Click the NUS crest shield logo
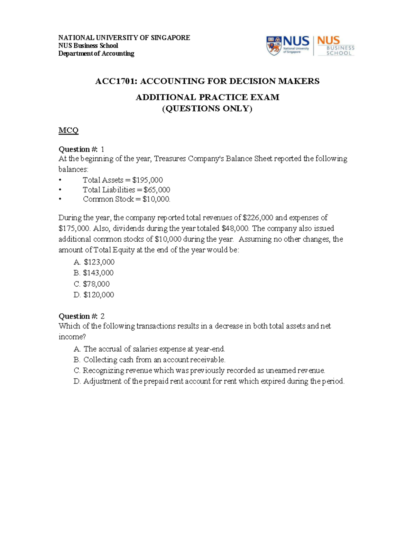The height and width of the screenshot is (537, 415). click(x=274, y=46)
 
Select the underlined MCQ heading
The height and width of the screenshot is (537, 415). click(x=68, y=130)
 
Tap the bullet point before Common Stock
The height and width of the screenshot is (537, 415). click(x=60, y=200)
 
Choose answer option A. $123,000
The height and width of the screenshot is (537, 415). click(x=94, y=262)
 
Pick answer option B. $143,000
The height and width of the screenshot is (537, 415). click(x=94, y=273)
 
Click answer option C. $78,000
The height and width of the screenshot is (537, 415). click(x=92, y=284)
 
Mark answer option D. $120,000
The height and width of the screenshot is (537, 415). click(x=94, y=295)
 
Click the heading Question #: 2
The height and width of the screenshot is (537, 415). click(x=81, y=316)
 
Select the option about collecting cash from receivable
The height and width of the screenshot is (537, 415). click(x=150, y=360)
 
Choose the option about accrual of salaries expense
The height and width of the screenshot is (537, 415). click(x=150, y=349)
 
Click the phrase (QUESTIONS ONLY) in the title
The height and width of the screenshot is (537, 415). click(x=207, y=109)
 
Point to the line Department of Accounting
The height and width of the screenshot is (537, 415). click(x=96, y=54)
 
